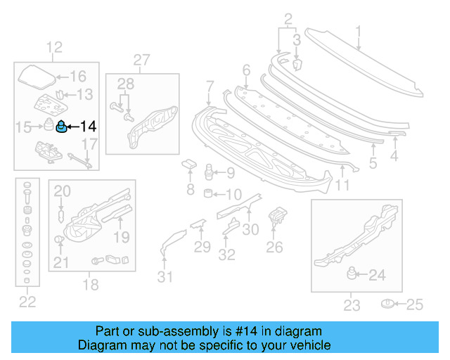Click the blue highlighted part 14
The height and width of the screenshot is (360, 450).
(61, 127)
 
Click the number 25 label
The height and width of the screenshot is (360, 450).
(416, 304)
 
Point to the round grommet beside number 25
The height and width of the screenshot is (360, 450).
(387, 304)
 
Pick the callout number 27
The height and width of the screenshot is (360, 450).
(142, 60)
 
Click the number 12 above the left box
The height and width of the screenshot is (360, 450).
(54, 48)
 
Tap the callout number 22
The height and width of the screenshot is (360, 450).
(27, 302)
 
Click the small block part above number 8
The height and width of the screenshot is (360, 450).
(189, 165)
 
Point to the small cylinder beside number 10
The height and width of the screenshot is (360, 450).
(208, 193)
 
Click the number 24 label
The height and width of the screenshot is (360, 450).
(378, 276)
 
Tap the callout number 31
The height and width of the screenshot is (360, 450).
(165, 276)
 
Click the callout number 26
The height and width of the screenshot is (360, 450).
(274, 246)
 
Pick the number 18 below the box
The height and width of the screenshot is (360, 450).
(91, 284)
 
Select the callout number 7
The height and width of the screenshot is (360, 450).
(209, 86)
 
